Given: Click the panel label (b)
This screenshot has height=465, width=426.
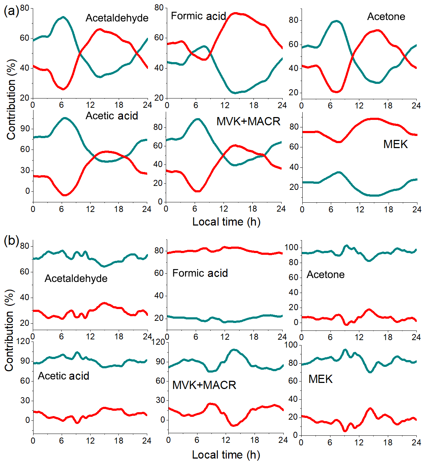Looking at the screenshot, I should coord(11,241).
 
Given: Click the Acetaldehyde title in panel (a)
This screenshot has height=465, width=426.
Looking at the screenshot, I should coord(117,18).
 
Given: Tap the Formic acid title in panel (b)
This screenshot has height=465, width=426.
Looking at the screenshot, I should coord(200,273).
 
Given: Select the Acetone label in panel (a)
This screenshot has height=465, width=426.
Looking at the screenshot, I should coord(386,16).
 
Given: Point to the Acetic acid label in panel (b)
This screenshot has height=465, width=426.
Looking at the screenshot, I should coord(63,376).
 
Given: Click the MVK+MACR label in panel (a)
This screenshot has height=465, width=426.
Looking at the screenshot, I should coord(248,121).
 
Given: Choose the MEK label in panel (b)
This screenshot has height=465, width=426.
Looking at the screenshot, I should coord(320,379).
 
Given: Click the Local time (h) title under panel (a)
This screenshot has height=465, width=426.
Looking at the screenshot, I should coord(226,222).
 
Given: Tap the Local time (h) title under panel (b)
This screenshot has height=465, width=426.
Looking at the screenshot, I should coord(226,455).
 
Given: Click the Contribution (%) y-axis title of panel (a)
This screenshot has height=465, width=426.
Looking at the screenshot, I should coord(11,100).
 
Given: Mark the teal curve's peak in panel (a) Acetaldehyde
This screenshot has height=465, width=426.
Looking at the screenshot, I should coord(63,17).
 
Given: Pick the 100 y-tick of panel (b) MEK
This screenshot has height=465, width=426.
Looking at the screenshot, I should coord(291,345).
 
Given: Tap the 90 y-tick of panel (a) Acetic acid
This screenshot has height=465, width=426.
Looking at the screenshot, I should coord(25,129).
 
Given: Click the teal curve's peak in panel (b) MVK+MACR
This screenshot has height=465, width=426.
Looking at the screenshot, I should coord(234,350).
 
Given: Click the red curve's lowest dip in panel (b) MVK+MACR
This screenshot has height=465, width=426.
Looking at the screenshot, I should coord(233,425).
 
